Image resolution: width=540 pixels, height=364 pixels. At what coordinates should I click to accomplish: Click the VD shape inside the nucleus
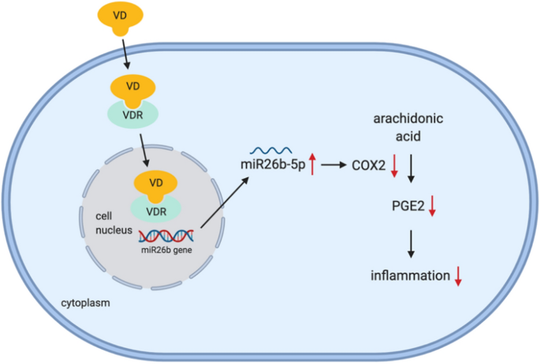coord(155,184)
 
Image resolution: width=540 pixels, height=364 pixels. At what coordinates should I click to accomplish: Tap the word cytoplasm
coord(89,302)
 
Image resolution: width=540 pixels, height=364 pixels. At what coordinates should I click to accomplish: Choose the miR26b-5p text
coord(274,165)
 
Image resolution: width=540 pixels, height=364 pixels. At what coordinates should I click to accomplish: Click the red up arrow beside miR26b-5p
coord(313,165)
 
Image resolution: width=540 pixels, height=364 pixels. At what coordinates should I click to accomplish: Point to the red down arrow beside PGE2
coord(433,206)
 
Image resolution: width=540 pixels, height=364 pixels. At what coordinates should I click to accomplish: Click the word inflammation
coord(409,275)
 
